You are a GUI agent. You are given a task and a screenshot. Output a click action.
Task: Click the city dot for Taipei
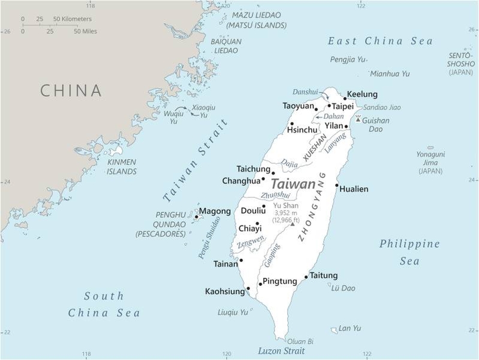329,106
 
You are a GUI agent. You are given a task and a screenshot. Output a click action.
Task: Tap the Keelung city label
363,94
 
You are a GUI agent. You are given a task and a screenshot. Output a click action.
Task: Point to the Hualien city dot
337,185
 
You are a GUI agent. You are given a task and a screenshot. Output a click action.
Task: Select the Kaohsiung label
225,292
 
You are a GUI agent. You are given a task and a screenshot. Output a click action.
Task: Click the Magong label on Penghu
215,211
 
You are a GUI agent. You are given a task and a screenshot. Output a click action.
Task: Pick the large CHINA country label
71,91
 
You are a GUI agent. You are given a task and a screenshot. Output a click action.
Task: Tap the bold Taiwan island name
293,184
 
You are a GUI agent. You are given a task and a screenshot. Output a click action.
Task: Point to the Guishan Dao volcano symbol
358,119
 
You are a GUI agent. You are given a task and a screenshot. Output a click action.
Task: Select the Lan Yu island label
350,328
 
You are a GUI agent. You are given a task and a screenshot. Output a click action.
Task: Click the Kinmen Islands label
122,167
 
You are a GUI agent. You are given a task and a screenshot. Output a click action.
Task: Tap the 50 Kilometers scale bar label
73,19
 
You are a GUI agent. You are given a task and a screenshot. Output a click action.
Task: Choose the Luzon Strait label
281,351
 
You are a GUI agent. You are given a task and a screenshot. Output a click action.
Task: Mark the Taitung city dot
306,277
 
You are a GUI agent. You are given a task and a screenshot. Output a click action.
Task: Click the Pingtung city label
280,281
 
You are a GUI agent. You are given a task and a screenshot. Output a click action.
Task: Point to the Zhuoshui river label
275,195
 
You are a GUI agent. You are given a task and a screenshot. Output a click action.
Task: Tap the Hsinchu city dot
292,124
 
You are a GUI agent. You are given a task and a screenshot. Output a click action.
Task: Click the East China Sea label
380,41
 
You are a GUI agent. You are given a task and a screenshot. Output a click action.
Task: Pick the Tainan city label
225,263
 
